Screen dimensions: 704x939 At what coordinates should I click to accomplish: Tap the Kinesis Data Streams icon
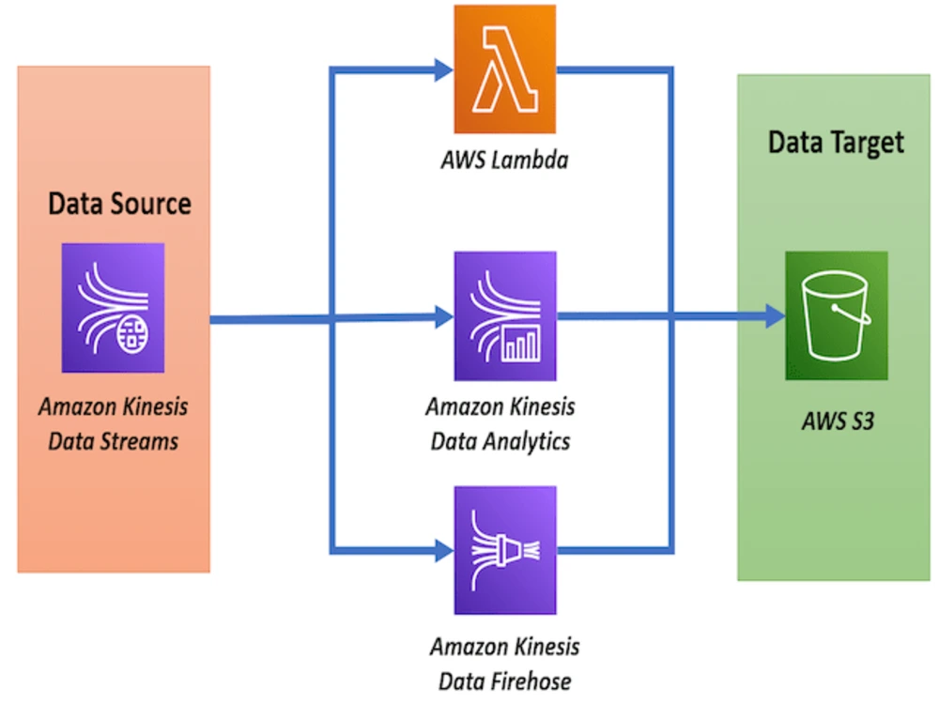pyautogui.click(x=113, y=308)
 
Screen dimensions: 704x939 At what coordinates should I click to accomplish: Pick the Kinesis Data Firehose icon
pyautogui.click(x=504, y=550)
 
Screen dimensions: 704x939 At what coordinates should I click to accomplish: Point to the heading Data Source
pyautogui.click(x=119, y=203)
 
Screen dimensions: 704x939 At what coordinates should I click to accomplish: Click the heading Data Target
pyautogui.click(x=836, y=142)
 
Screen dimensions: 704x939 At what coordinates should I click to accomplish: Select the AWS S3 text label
pyautogui.click(x=838, y=421)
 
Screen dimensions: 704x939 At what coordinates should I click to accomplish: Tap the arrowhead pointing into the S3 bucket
pyautogui.click(x=776, y=317)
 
